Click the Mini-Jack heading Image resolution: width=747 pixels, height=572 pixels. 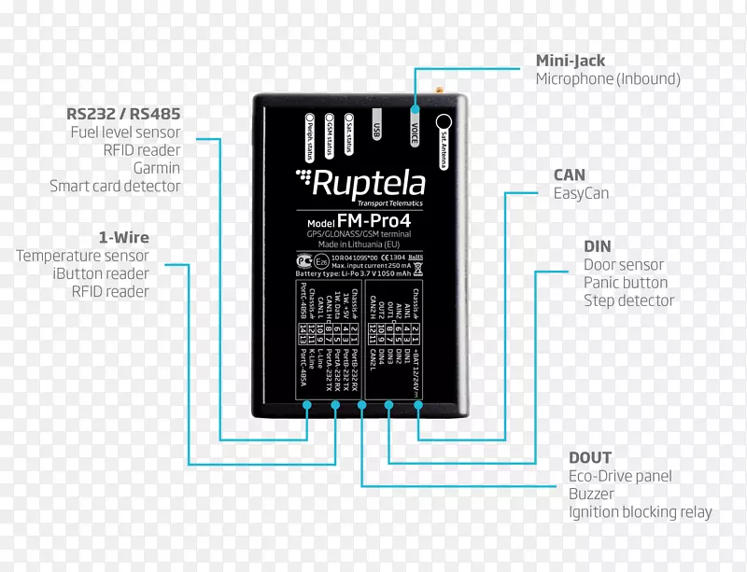[x=570, y=61]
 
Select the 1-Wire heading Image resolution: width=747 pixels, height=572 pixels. [x=123, y=237]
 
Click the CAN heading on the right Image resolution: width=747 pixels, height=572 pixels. [x=570, y=174]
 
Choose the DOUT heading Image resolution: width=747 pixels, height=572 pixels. [x=590, y=458]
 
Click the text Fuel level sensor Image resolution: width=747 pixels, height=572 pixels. [x=125, y=133]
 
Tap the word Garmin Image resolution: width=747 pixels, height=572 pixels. [x=156, y=169]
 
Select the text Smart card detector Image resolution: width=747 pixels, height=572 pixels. [x=115, y=187]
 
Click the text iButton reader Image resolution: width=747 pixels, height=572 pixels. [x=101, y=273]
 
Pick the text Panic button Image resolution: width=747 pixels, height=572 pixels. [x=626, y=283]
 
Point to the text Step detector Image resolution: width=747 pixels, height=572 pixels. [x=628, y=300]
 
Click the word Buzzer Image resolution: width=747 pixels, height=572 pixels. [x=593, y=495]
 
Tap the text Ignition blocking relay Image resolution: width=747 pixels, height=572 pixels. [x=640, y=512]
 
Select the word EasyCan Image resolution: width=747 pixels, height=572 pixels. [x=581, y=193]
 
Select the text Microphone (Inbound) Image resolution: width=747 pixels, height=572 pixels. [x=608, y=79]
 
